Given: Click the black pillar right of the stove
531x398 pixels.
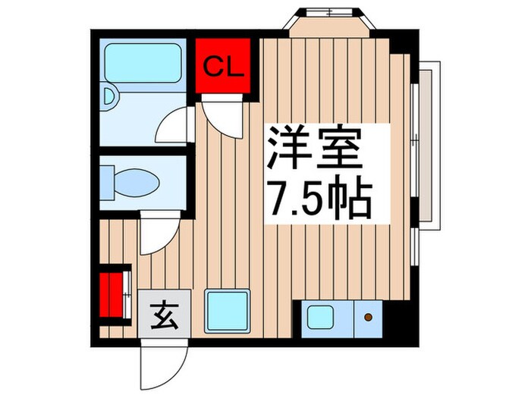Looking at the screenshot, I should click(398, 318).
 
